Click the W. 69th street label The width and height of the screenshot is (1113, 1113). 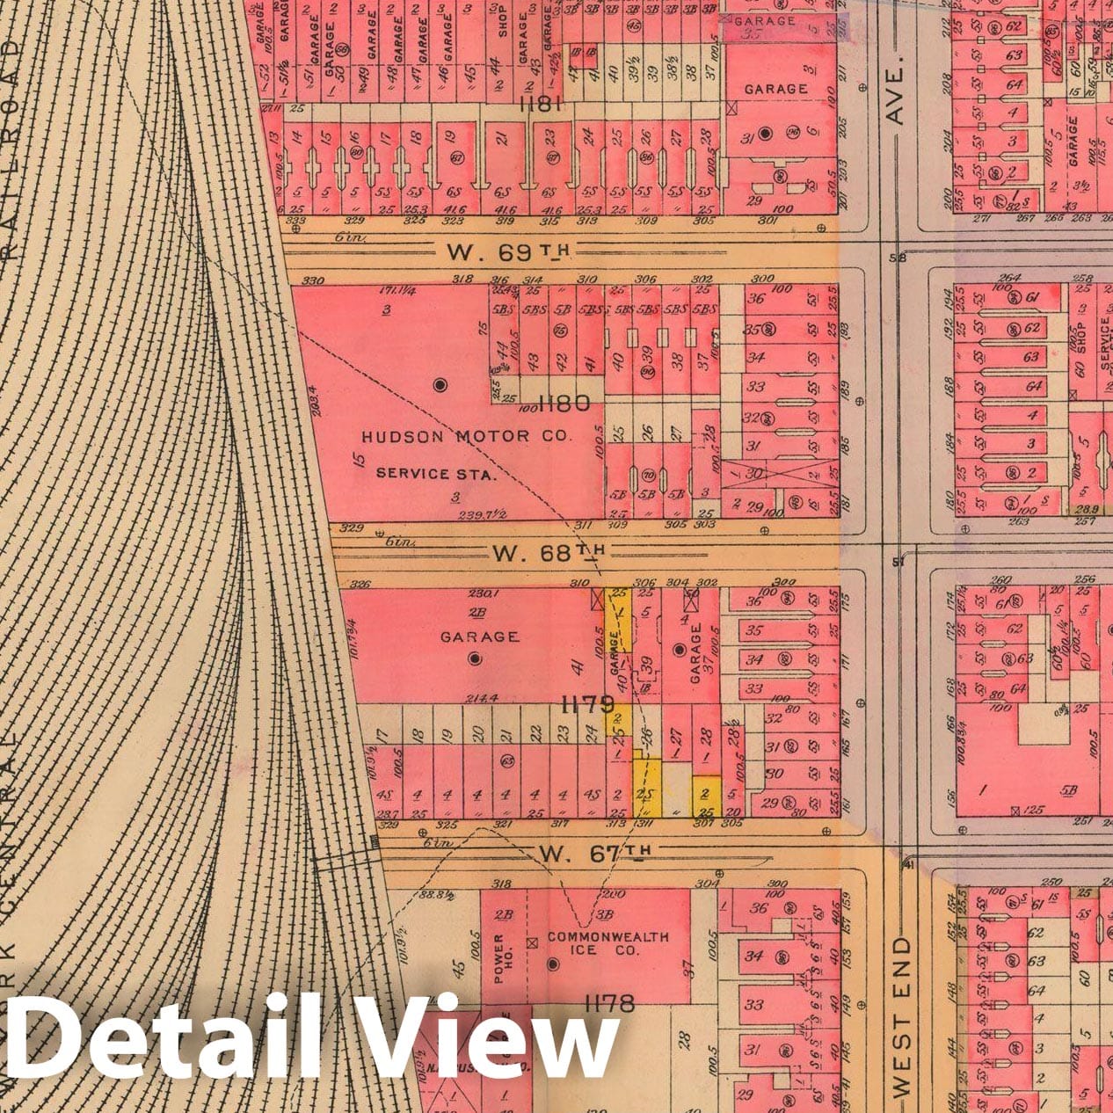508,252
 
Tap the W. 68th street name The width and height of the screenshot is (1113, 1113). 549,552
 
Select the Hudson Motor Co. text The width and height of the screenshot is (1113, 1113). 467,436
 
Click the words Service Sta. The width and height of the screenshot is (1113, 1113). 436,473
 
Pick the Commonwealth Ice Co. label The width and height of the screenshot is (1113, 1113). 607,943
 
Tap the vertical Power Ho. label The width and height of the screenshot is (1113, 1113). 499,958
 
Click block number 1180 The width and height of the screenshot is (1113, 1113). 564,404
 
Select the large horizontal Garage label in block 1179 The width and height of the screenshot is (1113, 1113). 479,637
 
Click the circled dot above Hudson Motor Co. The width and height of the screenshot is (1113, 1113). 440,384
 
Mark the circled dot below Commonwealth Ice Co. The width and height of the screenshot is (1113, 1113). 553,964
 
